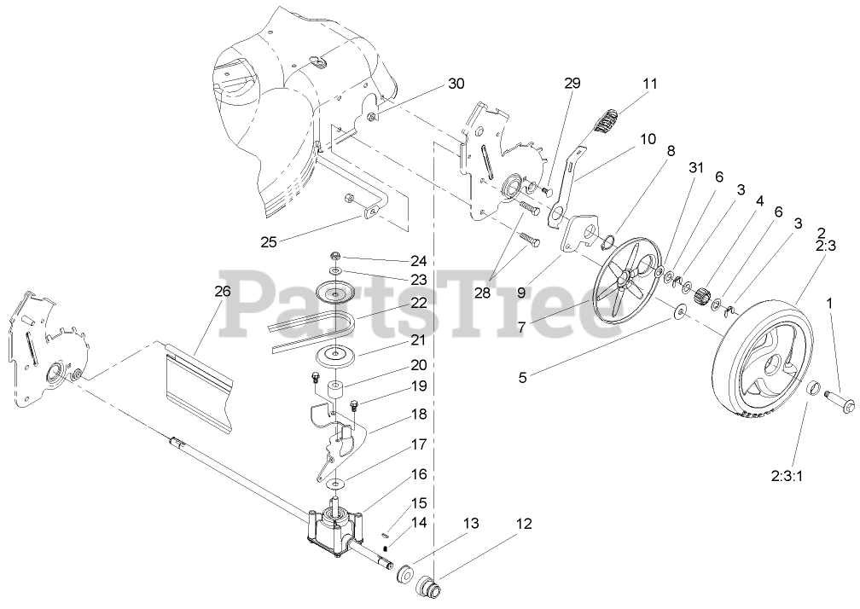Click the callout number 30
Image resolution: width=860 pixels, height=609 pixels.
click(456, 84)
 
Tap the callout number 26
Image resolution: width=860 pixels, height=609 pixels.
click(222, 290)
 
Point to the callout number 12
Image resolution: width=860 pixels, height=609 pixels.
click(524, 524)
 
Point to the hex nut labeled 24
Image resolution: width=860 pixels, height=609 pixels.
click(335, 256)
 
